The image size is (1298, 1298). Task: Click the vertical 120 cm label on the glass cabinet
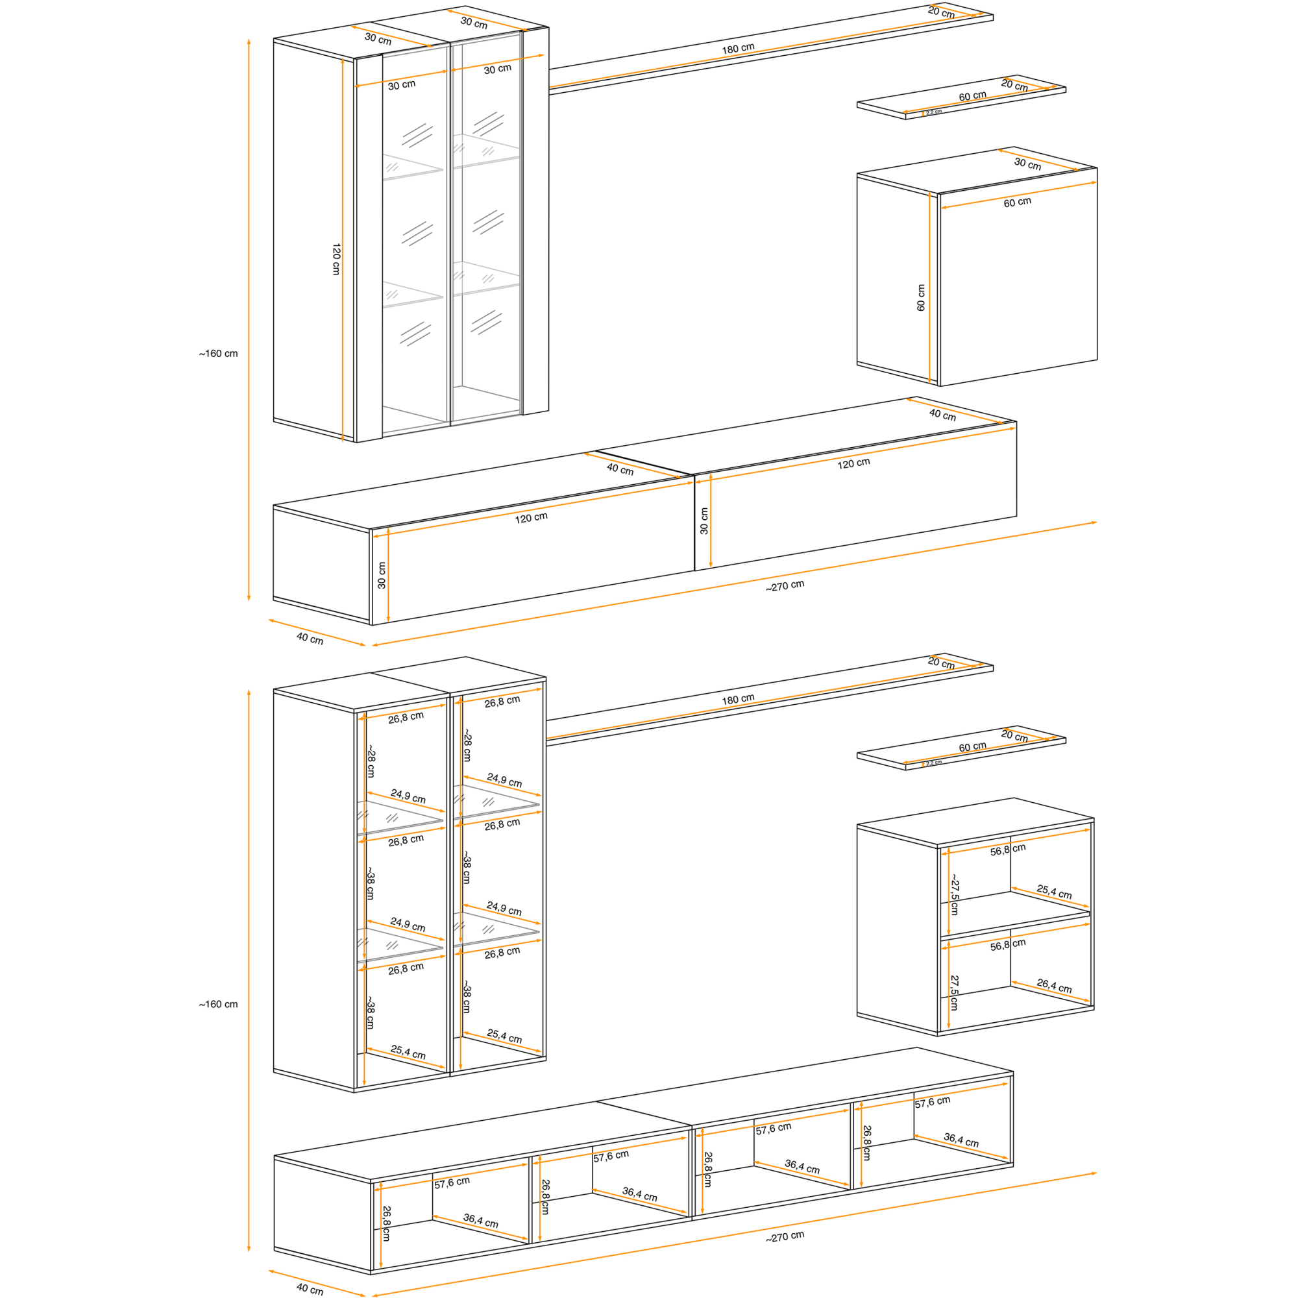pos(336,259)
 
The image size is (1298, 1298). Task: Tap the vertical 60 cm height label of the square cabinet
pos(920,297)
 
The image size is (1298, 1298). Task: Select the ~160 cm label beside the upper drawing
pos(218,354)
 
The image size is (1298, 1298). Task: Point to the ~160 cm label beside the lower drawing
pos(218,1005)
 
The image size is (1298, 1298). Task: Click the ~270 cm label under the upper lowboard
pos(785,586)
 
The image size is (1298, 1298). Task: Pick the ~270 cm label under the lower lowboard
pos(785,1237)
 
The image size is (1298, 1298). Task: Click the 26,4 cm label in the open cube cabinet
pos(1054,986)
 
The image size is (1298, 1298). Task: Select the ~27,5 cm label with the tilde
pos(954,894)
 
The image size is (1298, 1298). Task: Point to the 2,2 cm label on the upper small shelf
pos(934,112)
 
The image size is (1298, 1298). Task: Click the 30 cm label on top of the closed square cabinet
pos(1027,164)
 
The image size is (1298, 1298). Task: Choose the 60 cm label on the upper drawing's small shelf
pos(972,96)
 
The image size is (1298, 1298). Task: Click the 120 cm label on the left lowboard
pos(532,518)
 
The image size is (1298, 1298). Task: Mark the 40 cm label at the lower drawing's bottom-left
pos(310,1289)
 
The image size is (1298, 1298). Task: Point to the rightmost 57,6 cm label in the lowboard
pos(933,1102)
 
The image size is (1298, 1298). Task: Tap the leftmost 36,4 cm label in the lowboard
pos(480,1221)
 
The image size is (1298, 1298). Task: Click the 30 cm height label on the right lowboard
pos(704,520)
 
